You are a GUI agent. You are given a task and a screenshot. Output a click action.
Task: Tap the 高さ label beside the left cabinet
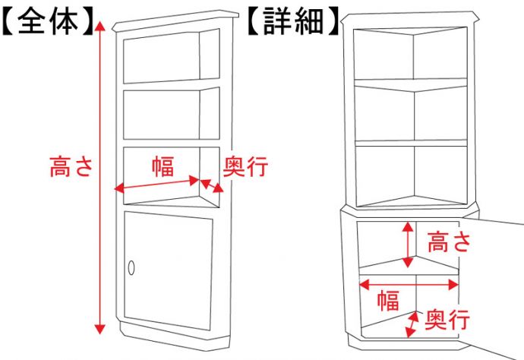(x=71, y=166)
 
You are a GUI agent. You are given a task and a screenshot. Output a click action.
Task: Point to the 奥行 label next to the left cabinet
(x=245, y=166)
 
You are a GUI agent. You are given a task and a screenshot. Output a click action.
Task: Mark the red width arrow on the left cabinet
(x=156, y=185)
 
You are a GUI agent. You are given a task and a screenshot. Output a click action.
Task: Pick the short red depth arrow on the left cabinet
(x=213, y=185)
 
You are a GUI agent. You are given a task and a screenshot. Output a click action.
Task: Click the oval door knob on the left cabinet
(x=131, y=267)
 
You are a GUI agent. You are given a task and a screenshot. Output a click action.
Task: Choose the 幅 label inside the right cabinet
(x=388, y=301)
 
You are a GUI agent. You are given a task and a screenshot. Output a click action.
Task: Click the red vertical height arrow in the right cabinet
(x=409, y=242)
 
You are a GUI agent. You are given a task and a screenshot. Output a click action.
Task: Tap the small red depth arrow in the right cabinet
(x=412, y=324)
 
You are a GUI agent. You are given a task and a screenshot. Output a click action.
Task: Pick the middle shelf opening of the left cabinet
(x=161, y=114)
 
